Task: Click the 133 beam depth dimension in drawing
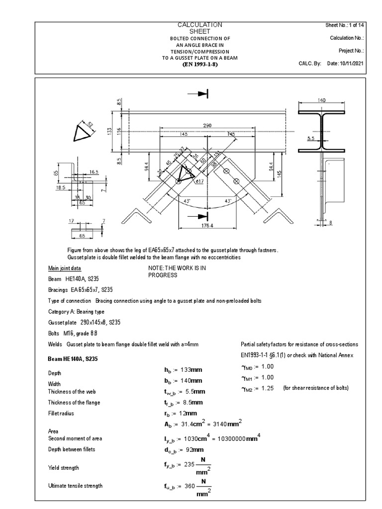coord(108,131)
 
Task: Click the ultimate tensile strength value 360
coord(191,486)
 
